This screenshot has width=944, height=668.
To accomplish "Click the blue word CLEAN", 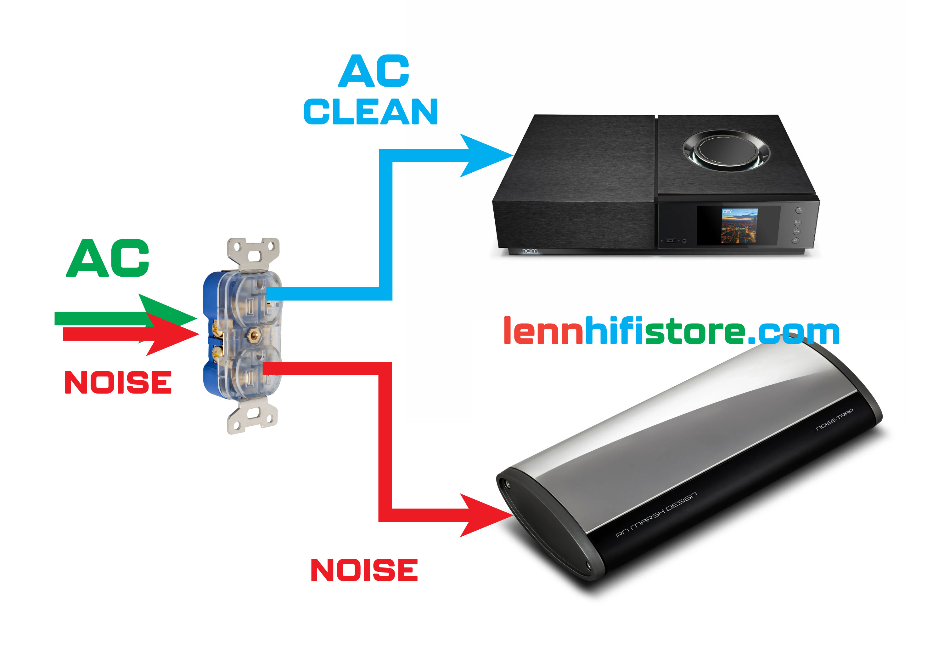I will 370,112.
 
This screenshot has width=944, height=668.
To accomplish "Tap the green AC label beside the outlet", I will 108,258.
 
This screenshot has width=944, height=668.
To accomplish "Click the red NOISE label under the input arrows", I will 118,382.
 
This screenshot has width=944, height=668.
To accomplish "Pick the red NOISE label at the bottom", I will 364,570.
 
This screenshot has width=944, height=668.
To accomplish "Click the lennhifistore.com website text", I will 671,331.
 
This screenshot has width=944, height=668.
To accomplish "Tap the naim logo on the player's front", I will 530,250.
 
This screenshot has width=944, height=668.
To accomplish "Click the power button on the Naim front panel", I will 799,210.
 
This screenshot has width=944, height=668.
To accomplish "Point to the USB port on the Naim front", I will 670,240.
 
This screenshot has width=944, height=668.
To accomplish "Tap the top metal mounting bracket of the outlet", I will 253,252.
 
